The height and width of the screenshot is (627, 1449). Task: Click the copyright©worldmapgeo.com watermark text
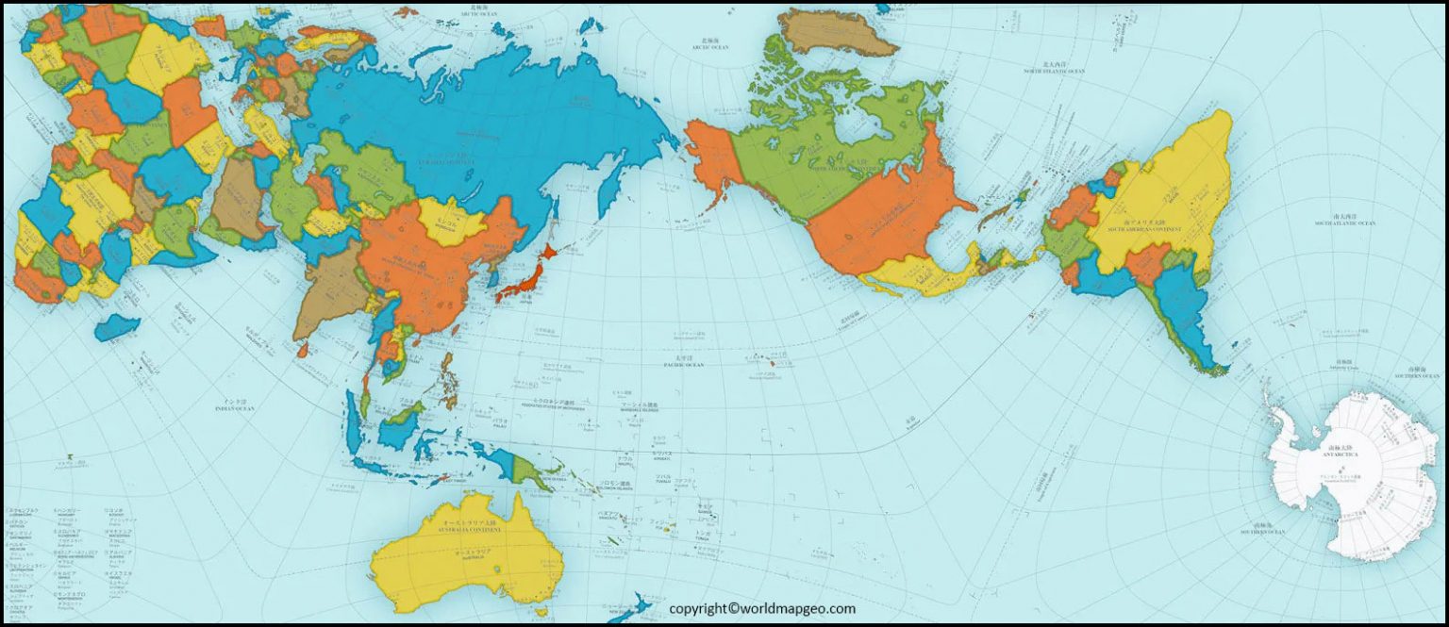pos(762,609)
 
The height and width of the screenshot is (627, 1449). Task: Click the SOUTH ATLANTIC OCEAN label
pos(1344,223)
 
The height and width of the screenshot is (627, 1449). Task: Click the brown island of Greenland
pos(837,32)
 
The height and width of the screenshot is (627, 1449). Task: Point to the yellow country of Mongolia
pos(451,223)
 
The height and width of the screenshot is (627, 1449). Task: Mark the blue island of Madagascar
pos(117,327)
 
